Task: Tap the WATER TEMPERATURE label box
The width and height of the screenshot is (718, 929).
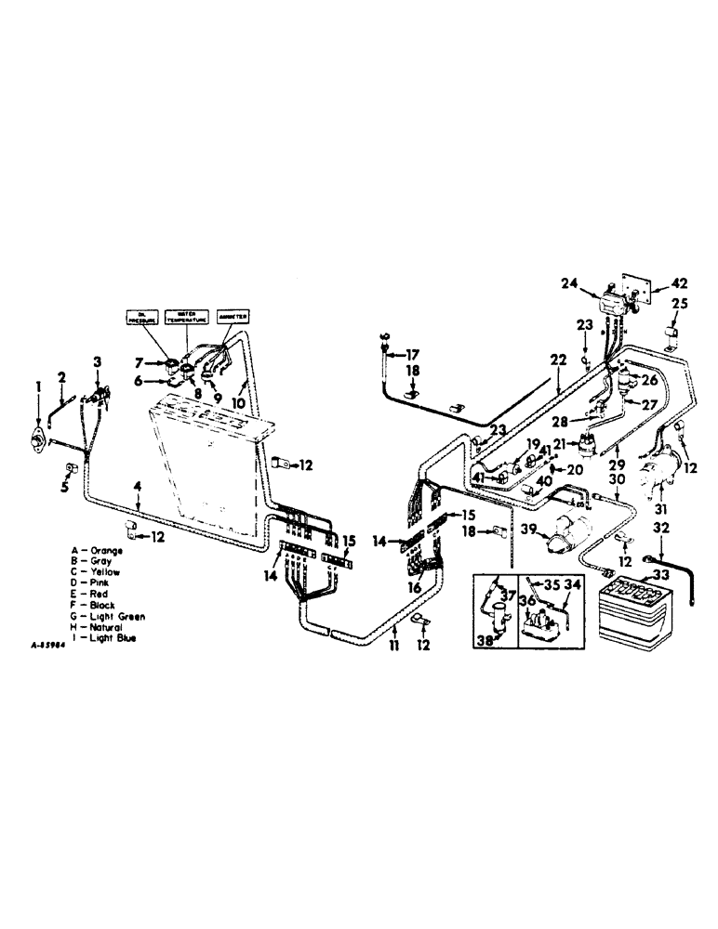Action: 185,316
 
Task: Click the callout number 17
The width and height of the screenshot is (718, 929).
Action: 412,354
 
